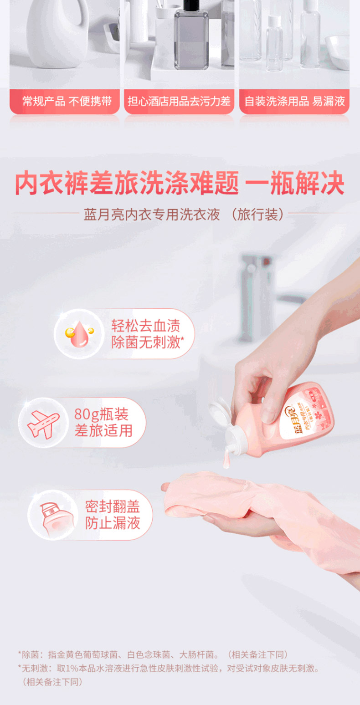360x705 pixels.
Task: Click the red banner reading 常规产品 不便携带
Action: [65, 102]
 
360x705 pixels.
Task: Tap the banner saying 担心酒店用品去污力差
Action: [179, 102]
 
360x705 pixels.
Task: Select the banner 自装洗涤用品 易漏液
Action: [294, 102]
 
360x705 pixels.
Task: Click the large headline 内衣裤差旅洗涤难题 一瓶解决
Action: [180, 183]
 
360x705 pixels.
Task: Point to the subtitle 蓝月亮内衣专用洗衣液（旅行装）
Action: [184, 215]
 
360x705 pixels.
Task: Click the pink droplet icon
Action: [79, 334]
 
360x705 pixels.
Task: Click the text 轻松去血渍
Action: [145, 326]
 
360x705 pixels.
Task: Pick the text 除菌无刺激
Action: [147, 342]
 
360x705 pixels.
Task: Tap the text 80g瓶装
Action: [101, 414]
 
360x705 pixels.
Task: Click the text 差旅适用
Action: [103, 430]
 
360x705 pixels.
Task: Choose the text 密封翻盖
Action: [113, 507]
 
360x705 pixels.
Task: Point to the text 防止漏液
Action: [113, 523]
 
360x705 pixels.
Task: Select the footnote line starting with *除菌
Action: [153, 655]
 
